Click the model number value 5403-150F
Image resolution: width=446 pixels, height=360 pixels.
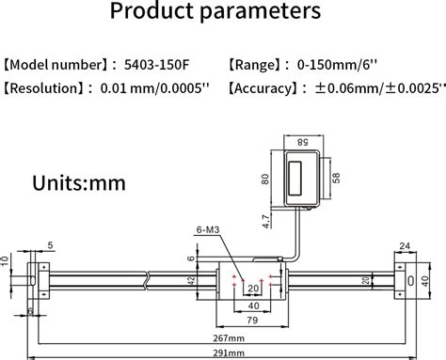(156, 65)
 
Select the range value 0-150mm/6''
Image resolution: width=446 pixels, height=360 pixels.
(337, 65)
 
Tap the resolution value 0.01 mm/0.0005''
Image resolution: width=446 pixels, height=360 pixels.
(154, 88)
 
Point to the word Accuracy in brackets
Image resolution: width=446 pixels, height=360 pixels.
(263, 88)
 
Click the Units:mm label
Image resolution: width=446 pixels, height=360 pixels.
(79, 183)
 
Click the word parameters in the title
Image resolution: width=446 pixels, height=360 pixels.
(260, 11)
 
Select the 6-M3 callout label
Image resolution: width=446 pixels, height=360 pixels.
(208, 229)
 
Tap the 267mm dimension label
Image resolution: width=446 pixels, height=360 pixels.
(229, 338)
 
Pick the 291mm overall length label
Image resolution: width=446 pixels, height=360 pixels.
(229, 353)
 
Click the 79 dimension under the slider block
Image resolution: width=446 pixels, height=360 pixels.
(252, 321)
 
